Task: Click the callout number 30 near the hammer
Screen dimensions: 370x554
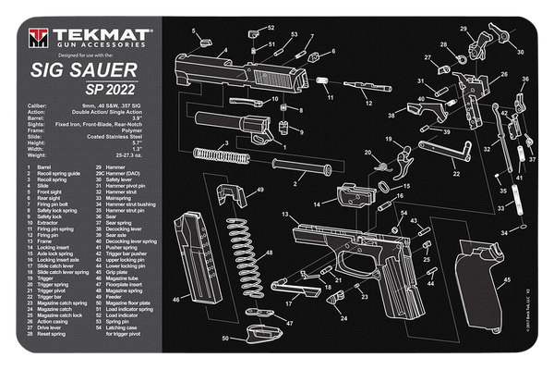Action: point(520,53)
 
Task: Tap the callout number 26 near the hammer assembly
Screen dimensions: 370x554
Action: point(504,74)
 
